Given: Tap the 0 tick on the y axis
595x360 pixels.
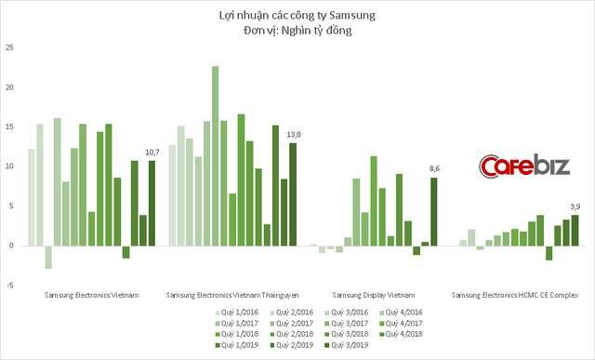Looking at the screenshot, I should click(10, 246).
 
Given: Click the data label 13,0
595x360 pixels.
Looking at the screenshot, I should click(294, 134).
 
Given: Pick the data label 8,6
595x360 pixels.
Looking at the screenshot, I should click(433, 168).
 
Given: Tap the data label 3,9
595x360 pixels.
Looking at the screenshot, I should click(574, 206).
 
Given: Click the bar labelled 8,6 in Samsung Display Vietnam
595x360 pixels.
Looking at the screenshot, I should click(433, 211).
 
